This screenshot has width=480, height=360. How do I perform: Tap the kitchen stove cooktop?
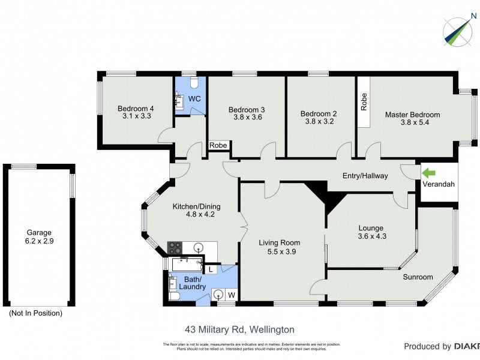175,247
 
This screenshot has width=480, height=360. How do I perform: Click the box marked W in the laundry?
230,295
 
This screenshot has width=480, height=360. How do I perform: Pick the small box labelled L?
211,270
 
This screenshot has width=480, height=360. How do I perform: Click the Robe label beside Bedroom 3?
218,145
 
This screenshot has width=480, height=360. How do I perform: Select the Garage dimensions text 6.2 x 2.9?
38,241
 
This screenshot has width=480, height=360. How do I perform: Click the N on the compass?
474,16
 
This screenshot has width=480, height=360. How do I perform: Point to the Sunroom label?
418,277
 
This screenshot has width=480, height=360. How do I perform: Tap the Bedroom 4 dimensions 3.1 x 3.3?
136,117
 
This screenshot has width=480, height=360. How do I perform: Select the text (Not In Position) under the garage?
35,313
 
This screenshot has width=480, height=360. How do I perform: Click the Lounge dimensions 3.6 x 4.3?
371,236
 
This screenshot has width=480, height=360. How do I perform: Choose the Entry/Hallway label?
365,176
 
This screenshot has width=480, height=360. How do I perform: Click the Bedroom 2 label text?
319,114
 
